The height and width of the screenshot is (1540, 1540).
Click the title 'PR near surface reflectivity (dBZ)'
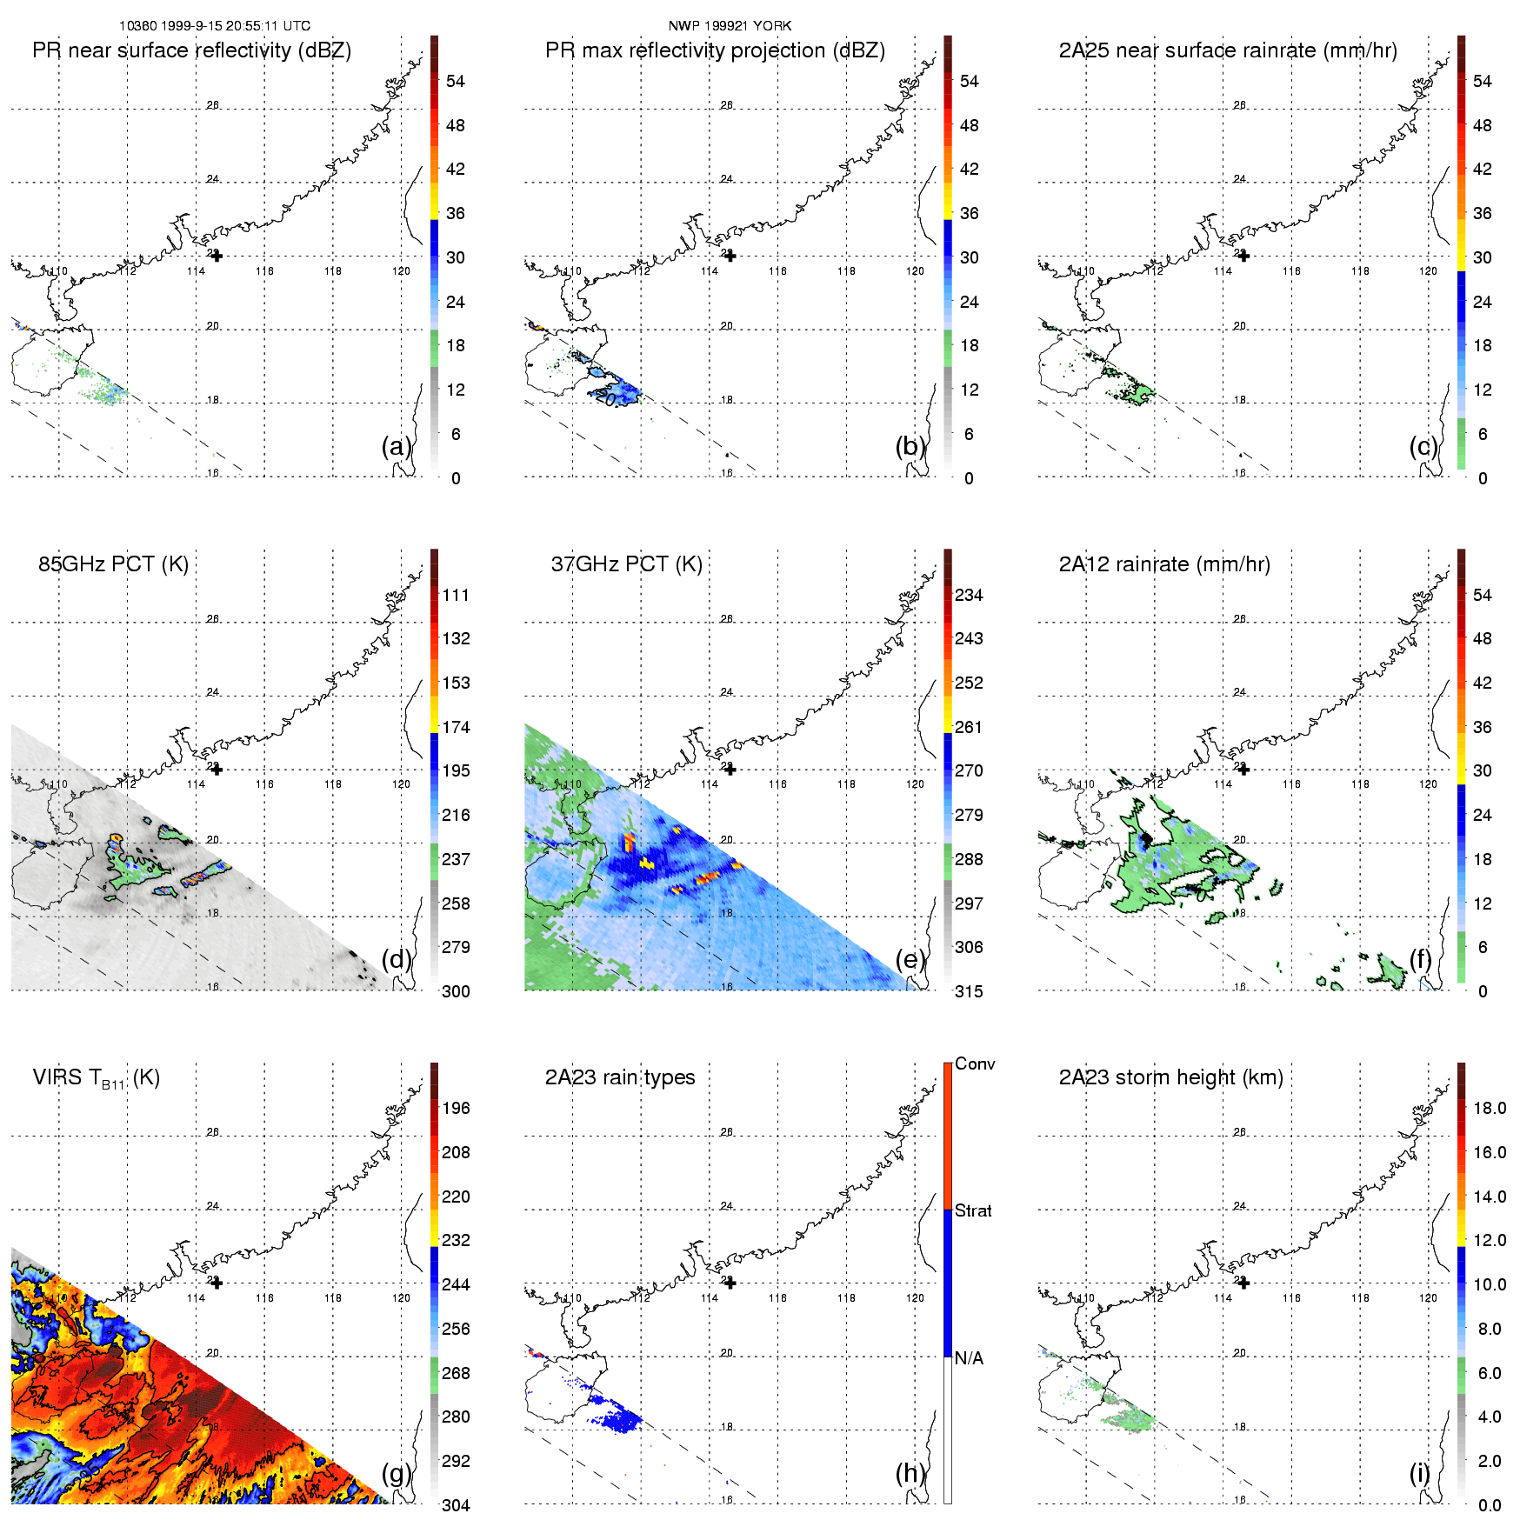191,50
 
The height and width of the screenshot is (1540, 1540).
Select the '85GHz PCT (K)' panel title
113,564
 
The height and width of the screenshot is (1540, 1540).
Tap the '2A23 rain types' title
619,1077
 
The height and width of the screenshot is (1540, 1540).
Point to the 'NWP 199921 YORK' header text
730,25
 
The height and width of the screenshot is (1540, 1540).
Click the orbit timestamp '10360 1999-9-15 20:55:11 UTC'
214,25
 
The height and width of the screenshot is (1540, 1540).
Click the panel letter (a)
397,446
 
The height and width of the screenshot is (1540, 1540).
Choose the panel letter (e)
910,959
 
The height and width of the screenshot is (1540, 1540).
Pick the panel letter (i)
1419,1473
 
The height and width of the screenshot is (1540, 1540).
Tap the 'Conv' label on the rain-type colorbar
975,1063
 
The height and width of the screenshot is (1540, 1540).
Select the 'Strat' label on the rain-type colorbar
973,1210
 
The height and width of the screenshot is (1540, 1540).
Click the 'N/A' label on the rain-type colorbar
969,1358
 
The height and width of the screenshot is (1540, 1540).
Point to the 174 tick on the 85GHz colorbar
456,727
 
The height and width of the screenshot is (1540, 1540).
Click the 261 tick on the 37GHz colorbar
969,727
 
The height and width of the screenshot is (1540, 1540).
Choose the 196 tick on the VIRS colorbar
456,1108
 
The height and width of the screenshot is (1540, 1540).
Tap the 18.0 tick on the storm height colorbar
1489,1108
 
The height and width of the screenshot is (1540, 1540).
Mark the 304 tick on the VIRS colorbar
456,1505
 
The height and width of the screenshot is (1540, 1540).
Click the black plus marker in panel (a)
217,256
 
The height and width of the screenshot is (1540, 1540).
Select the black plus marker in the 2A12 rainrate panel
1243,770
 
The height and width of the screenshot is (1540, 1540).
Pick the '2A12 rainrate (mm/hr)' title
1163,564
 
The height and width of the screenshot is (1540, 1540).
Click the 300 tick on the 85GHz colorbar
456,991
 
